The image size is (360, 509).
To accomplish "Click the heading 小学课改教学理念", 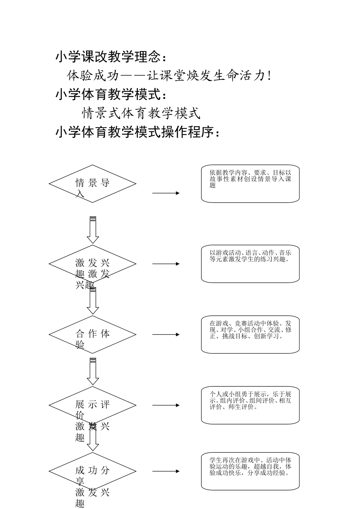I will coord(111,57).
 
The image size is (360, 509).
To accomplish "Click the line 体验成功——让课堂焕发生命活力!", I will coord(169,76).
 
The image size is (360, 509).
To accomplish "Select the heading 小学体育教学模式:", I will coord(111,94).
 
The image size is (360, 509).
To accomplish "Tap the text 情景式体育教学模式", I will coord(141,113).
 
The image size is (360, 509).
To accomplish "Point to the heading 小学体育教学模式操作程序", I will coord(137,132).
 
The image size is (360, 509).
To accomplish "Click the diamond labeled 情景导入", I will coord(92,184).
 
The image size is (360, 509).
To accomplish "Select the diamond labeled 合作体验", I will coord(92,334).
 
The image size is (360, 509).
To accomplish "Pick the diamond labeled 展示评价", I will coord(92,405).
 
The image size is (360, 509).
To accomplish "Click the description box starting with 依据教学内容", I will coord(250,184).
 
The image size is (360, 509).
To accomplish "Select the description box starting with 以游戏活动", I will coord(250,264).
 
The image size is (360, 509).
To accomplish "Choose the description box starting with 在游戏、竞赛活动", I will coord(250,334).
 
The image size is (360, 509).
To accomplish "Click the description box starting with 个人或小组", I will coord(250,405).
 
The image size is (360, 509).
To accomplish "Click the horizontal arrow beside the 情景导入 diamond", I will coord(166,193).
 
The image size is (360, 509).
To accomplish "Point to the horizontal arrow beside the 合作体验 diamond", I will coord(166,334).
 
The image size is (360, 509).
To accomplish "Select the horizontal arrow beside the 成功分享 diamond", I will coord(166,472).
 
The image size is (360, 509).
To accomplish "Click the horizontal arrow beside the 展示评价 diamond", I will coord(166,405).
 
